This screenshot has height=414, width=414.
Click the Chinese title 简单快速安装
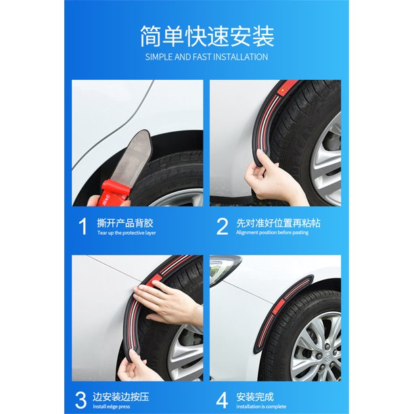[x=207, y=34]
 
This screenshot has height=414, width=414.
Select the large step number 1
[x=83, y=225]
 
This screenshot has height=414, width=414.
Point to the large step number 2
[x=222, y=225]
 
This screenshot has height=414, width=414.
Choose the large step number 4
[x=222, y=399]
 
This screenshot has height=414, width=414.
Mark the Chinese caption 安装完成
[x=256, y=395]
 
